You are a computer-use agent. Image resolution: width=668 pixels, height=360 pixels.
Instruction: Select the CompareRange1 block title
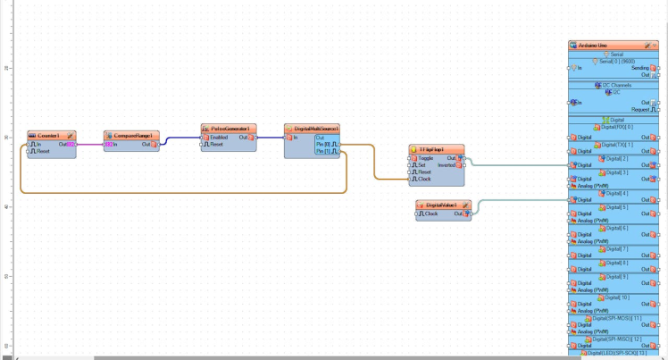coord(130,135)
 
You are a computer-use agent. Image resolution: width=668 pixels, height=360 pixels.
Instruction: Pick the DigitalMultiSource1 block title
coord(312,129)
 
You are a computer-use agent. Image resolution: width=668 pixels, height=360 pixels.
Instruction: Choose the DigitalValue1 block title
coord(443,205)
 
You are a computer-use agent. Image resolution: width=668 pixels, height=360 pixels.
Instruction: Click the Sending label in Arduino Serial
coord(639,67)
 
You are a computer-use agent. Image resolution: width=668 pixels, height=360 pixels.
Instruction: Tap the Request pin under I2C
coord(640,109)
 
